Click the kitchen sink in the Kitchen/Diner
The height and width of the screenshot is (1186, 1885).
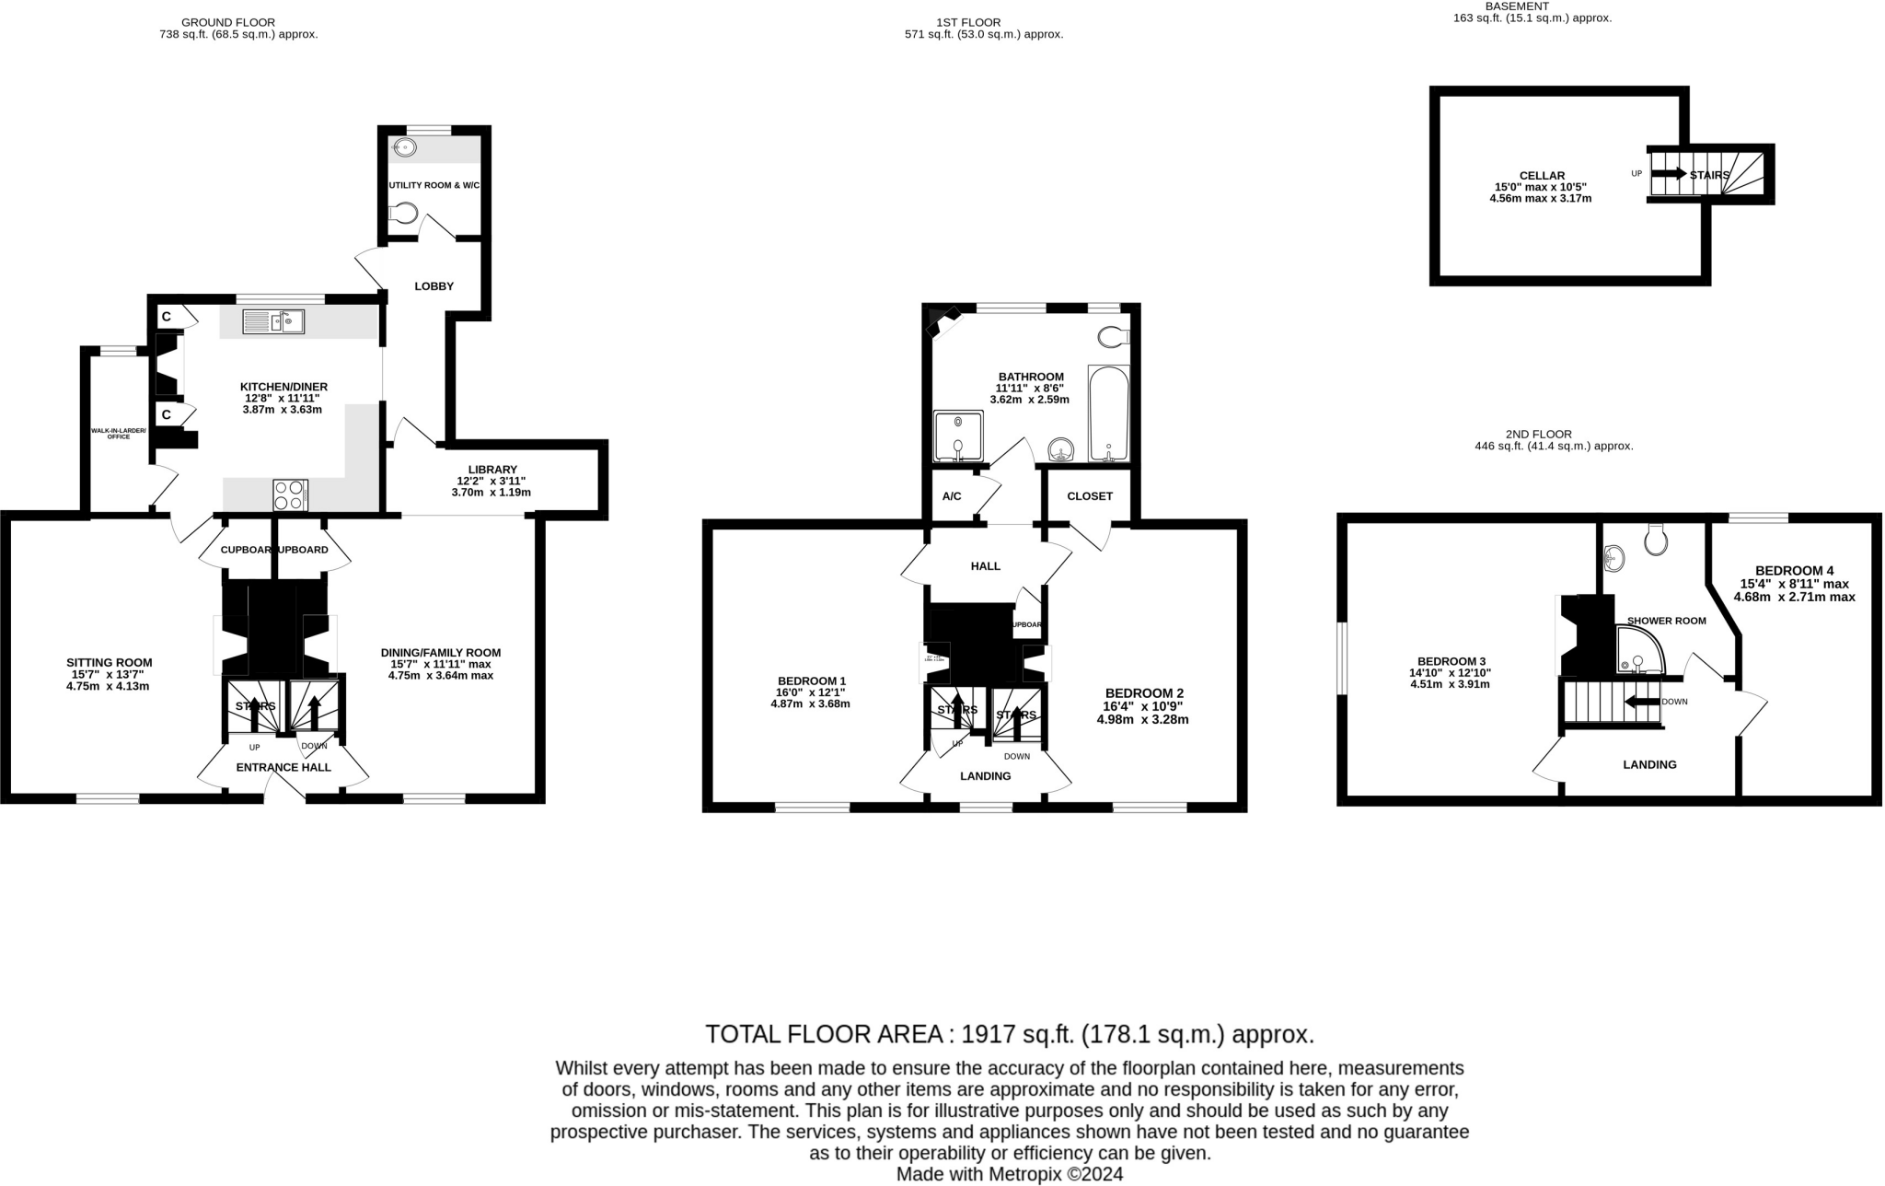[x=273, y=322]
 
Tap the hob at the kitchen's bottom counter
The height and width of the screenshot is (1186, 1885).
[x=290, y=494]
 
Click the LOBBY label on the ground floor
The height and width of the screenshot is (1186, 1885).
[x=434, y=286]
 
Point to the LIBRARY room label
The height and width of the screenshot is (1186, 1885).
[x=492, y=470]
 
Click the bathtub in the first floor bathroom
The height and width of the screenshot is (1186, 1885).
[x=1107, y=413]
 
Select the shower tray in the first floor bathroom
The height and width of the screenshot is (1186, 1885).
[x=958, y=436]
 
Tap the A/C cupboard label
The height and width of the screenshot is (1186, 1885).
[x=952, y=496]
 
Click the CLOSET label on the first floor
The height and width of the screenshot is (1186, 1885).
[x=1090, y=496]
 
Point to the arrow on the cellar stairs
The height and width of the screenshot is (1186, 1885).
[x=1669, y=174]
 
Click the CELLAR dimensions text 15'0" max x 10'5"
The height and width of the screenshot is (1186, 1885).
[x=1541, y=187]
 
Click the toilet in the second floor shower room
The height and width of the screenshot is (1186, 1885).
[x=1656, y=541]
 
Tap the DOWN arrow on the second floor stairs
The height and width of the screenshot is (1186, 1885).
[x=1641, y=703]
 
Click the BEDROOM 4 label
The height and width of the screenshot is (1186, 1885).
[x=1794, y=570]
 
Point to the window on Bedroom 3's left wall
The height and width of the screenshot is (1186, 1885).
[x=1343, y=658]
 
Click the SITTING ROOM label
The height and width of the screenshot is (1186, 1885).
[x=109, y=662]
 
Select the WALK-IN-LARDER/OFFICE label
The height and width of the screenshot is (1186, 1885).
[x=118, y=433]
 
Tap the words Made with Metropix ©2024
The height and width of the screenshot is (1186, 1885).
[x=1009, y=1174]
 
